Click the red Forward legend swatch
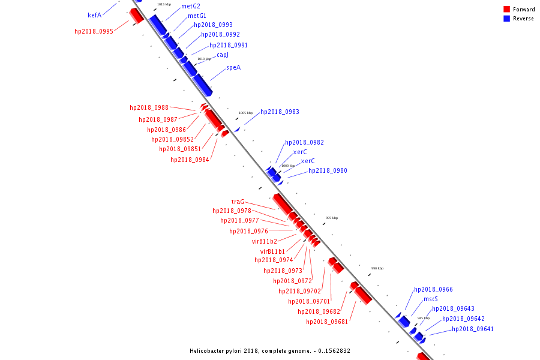pos(506,10)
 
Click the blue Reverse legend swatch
pos(506,19)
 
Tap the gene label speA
pos(233,68)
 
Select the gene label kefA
pos(94,16)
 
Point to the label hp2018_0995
pos(94,31)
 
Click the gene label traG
pos(238,202)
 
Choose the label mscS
pos(431,299)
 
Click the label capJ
pos(223,55)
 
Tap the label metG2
pos(191,6)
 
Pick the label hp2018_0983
pos(280,112)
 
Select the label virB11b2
pos(265,241)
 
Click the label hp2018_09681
pos(327,322)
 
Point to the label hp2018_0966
pos(433,290)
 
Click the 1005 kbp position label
pos(245,113)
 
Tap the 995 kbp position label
pos(332,218)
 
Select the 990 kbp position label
pos(377,269)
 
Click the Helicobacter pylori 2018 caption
pos(270,351)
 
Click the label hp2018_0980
pos(328,171)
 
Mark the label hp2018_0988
pos(149,108)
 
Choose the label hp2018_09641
pos(473,329)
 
